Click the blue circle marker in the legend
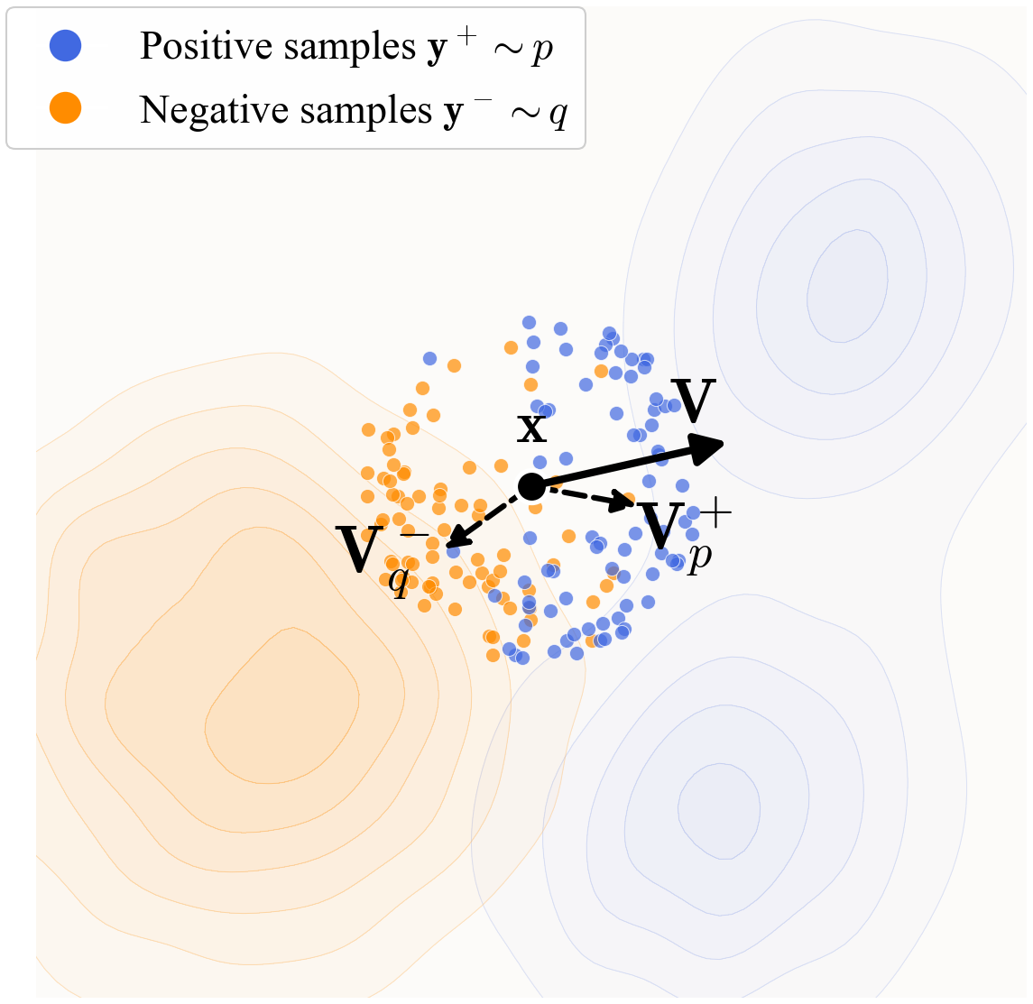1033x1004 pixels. coord(66,46)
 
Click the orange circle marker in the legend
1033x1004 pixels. coord(66,109)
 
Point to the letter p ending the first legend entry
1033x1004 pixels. coord(542,50)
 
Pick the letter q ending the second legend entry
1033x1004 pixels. coord(558,114)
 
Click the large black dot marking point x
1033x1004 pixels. coord(531,486)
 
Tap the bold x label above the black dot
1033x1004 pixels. coord(531,427)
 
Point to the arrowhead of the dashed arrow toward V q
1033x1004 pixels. coord(456,540)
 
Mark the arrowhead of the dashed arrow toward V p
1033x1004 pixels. coord(624,501)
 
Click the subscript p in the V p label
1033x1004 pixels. coord(698,557)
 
